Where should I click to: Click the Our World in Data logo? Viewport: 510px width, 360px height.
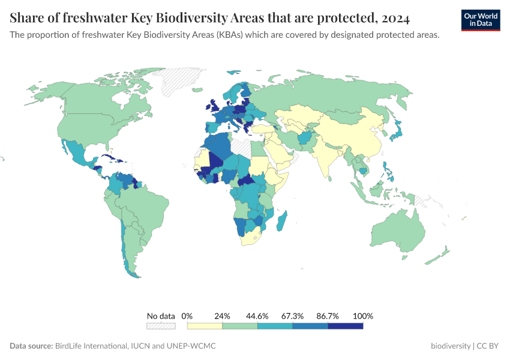[x=480, y=20]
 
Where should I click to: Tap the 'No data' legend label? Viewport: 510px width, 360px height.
[x=161, y=316]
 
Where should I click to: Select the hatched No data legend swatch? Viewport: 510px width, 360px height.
[x=161, y=326]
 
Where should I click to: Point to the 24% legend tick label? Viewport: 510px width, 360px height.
[x=223, y=316]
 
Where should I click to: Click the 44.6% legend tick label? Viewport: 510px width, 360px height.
[x=257, y=316]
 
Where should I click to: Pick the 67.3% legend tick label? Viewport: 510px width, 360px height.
[x=293, y=316]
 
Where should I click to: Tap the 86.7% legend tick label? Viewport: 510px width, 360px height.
[x=328, y=316]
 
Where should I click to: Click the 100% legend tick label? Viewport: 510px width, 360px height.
[x=364, y=316]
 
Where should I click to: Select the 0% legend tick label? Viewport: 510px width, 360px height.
[x=187, y=316]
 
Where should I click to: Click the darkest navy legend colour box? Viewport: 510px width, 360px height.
[x=346, y=326]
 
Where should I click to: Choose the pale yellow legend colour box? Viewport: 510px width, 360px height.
[x=205, y=326]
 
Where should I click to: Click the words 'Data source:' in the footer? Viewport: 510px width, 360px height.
[x=31, y=346]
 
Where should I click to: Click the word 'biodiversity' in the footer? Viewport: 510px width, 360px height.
[x=451, y=346]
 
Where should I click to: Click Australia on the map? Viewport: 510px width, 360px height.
[x=396, y=231]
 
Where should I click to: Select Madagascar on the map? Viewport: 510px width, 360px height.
[x=282, y=221]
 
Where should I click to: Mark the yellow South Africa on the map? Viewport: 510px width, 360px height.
[x=253, y=238]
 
